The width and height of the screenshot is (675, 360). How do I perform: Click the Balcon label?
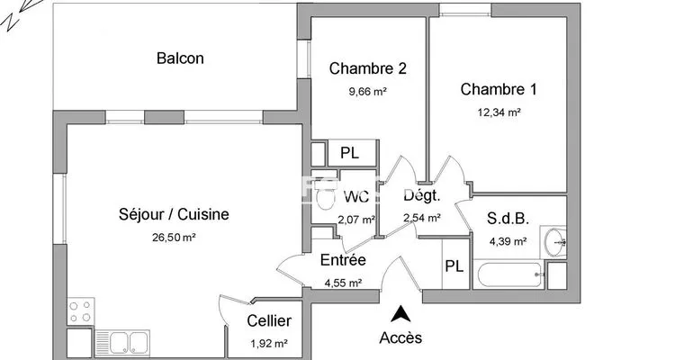(x=180, y=58)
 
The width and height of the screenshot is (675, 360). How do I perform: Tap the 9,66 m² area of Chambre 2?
(x=367, y=91)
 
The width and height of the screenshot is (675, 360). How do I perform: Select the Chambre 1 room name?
(x=499, y=89)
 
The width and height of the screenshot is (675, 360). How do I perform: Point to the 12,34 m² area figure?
(x=499, y=112)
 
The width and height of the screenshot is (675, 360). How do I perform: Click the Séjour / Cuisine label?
(x=174, y=214)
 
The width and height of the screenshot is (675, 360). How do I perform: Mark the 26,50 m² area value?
(x=174, y=238)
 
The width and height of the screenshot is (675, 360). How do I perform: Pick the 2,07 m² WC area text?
(x=356, y=220)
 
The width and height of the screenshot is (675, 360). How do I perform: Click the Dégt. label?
(x=422, y=196)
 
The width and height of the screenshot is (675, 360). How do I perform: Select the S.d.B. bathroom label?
(x=508, y=219)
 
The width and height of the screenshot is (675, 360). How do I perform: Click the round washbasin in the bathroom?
(x=553, y=241)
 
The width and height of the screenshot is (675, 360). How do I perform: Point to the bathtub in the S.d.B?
(x=508, y=274)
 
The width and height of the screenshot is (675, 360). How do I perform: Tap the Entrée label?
(x=343, y=260)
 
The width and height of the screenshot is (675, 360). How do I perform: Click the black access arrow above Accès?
(x=400, y=313)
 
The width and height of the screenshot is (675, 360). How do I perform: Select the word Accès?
(x=400, y=337)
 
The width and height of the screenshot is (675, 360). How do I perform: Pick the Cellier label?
(x=269, y=320)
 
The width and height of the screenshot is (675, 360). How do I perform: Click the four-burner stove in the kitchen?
(x=81, y=310)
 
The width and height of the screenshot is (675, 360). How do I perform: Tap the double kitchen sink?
(x=122, y=343)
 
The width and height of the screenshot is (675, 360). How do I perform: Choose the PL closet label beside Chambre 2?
(x=349, y=153)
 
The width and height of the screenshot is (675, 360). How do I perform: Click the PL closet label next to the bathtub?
(x=454, y=266)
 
